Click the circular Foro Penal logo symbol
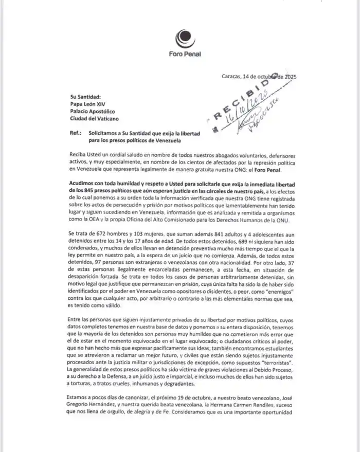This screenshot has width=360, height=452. pos(185,38)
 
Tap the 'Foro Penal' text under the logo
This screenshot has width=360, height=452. pos(185,53)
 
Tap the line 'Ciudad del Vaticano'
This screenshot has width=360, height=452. pos(94,120)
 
